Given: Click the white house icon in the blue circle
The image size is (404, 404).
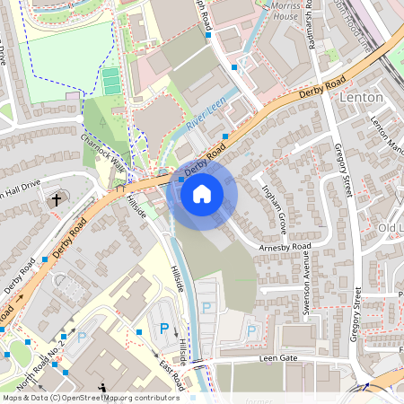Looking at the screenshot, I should (x=202, y=192).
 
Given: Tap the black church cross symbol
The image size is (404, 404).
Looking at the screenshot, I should (x=57, y=198).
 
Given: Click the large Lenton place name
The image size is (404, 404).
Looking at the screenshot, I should (x=362, y=96).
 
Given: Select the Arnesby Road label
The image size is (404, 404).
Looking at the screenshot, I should (x=284, y=246).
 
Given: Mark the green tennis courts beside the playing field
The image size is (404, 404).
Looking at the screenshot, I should (x=110, y=82).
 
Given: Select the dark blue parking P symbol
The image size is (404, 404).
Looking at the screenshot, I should (x=163, y=329).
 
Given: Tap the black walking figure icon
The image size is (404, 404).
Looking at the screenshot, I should (x=102, y=389).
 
